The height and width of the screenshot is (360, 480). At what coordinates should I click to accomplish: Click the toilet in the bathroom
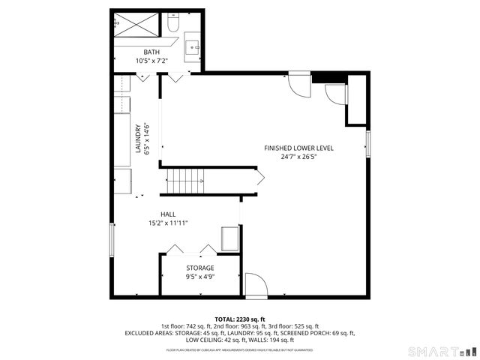pos(172,25)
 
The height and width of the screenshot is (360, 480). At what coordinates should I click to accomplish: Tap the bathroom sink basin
pos(194,48)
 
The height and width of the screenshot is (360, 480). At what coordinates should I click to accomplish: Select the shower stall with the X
pos(137,27)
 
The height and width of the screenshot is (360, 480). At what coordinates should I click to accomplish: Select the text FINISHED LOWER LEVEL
pos(298,148)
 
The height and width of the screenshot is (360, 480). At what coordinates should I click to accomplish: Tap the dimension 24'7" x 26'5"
pos(298,157)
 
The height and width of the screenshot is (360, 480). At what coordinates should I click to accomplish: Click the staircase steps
pos(184,180)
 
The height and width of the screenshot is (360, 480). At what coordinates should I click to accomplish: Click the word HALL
pos(168,214)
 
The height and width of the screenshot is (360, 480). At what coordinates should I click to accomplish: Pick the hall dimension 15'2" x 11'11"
pos(168,223)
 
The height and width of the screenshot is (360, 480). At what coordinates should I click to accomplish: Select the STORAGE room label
pos(199,268)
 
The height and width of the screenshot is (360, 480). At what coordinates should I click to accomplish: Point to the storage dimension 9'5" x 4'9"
pos(199,277)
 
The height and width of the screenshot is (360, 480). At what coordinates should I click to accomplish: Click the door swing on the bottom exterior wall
pos(255,284)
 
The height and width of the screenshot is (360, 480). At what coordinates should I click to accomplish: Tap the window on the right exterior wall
pos(368,142)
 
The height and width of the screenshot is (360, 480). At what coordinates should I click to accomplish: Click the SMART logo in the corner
pos(442,351)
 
